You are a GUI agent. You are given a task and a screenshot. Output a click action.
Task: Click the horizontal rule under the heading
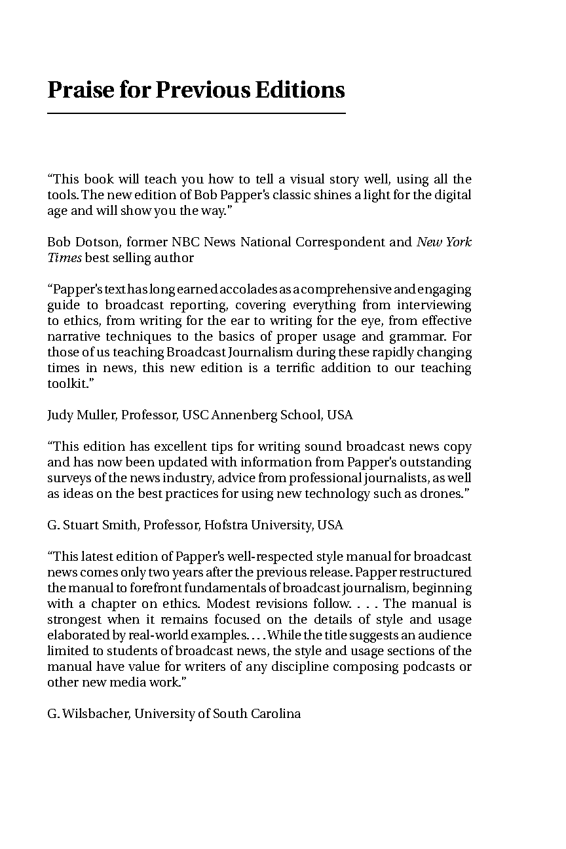pos(196,114)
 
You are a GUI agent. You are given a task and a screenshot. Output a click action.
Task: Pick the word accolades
pos(252,290)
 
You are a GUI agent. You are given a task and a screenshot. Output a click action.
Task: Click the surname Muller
pos(95,415)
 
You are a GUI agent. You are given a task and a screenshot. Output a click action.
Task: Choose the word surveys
pos(68,478)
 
